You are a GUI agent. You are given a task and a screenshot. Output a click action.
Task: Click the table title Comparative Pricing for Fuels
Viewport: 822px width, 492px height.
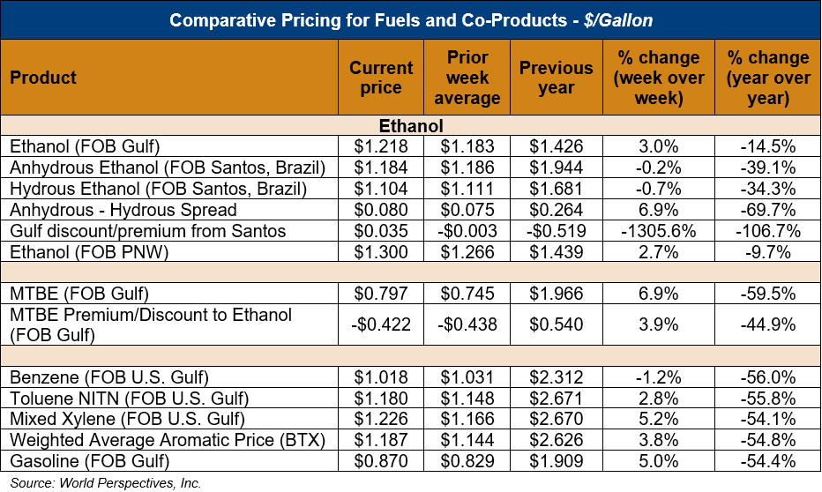(410, 19)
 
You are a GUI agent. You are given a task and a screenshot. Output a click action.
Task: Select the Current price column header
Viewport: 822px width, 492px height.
(381, 78)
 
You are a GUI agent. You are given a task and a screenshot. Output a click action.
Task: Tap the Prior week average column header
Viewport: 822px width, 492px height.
(467, 78)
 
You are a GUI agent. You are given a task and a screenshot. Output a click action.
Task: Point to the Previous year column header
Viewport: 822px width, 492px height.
(556, 78)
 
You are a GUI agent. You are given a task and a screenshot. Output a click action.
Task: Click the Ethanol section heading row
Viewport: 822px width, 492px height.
(410, 126)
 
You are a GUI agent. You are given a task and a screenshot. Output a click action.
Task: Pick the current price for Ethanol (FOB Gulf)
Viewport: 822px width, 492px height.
(381, 146)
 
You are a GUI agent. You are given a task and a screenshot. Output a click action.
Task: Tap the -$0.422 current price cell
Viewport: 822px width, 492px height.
(381, 324)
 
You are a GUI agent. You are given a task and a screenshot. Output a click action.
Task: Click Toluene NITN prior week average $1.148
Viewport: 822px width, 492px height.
(467, 399)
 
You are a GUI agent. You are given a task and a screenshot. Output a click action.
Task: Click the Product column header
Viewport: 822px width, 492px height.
(44, 78)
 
